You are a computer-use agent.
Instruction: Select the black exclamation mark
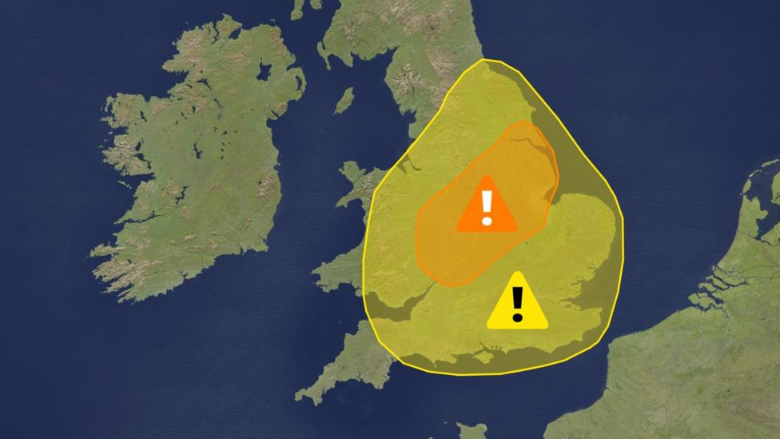(517, 304)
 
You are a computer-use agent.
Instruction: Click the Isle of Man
(344, 101)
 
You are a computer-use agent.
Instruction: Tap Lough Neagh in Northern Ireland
(264, 71)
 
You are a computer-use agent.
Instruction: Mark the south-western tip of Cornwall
(301, 396)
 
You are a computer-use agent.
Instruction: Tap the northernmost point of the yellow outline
(483, 59)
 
